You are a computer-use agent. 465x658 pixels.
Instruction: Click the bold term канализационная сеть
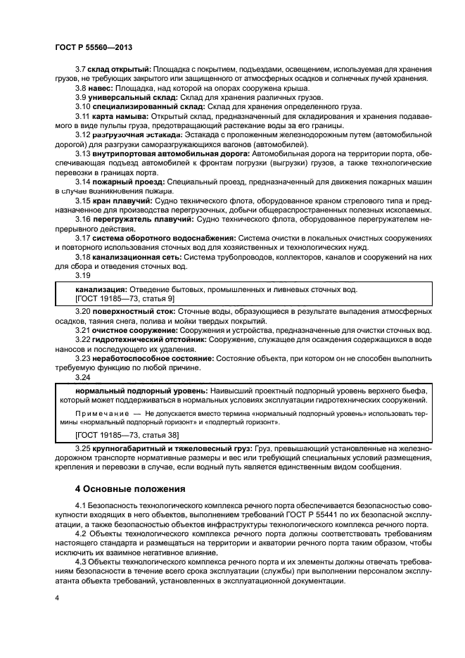point(132,258)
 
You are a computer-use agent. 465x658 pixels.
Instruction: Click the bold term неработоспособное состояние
point(144,358)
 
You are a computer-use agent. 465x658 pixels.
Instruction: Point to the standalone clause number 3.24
point(83,378)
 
